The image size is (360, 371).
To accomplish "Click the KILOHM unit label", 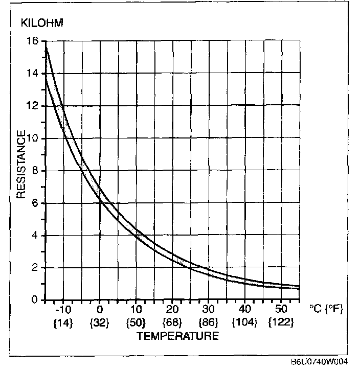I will pyautogui.click(x=41, y=24).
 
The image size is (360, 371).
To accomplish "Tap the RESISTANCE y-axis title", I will pyautogui.click(x=21, y=165).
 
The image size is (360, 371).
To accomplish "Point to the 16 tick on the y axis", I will pyautogui.click(x=33, y=41).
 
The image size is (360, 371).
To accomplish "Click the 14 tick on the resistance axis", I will pyautogui.click(x=33, y=74).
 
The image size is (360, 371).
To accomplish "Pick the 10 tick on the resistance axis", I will pyautogui.click(x=33, y=138).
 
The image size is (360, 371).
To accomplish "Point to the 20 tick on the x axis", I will pyautogui.click(x=172, y=310).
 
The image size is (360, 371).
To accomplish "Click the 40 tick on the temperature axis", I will pyautogui.click(x=245, y=310).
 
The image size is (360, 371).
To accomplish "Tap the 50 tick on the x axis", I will pyautogui.click(x=281, y=310).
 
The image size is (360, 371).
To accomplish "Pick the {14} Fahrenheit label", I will pyautogui.click(x=63, y=323).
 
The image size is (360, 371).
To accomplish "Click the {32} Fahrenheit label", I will pyautogui.click(x=100, y=323).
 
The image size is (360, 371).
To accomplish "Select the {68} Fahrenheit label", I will pyautogui.click(x=172, y=323).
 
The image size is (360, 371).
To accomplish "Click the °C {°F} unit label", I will pyautogui.click(x=326, y=310).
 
